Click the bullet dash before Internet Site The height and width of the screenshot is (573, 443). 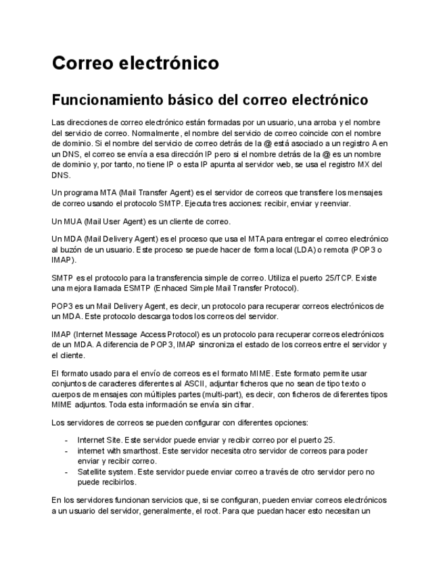click(66, 439)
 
